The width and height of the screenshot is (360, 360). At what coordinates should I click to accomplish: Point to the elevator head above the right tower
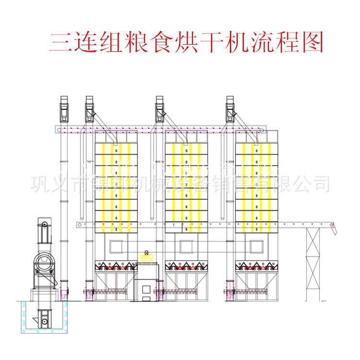(230, 108)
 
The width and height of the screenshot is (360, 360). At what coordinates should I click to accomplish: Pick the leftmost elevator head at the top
(64, 108)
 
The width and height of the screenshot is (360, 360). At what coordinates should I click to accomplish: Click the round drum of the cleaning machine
(45, 263)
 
